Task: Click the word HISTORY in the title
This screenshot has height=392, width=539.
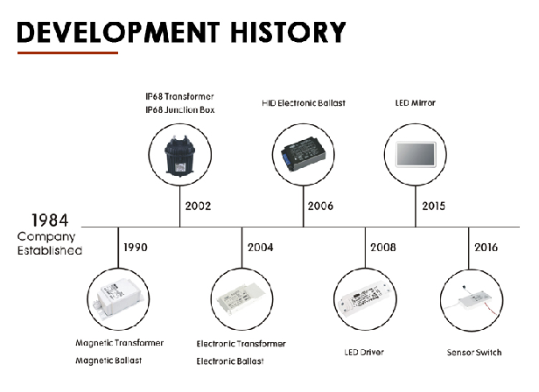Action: tap(288, 32)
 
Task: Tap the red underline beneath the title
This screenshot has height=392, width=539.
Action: tap(67, 53)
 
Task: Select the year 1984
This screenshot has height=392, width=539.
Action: tap(50, 220)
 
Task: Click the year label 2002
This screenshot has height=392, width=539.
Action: tap(198, 206)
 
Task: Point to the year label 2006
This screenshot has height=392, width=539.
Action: tap(320, 206)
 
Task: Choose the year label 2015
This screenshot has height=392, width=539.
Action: tap(433, 206)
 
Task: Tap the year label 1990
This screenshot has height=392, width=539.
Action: tap(136, 248)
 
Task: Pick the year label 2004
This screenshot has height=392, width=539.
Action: tap(260, 248)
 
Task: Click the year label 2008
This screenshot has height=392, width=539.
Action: tap(383, 248)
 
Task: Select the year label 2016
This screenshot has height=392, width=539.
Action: tap(486, 248)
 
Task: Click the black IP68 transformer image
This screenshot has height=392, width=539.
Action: tap(179, 156)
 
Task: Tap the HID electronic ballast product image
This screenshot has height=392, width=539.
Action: tap(303, 154)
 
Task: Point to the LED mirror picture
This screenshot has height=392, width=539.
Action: tap(416, 154)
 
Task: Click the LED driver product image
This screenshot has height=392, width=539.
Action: tap(365, 297)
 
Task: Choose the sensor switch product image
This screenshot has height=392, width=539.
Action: tap(472, 300)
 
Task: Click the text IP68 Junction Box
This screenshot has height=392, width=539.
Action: tap(180, 110)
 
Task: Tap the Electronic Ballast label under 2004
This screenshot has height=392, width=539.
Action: tap(230, 361)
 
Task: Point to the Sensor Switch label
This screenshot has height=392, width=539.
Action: tap(474, 353)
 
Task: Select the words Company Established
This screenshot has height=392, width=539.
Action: tap(50, 243)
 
